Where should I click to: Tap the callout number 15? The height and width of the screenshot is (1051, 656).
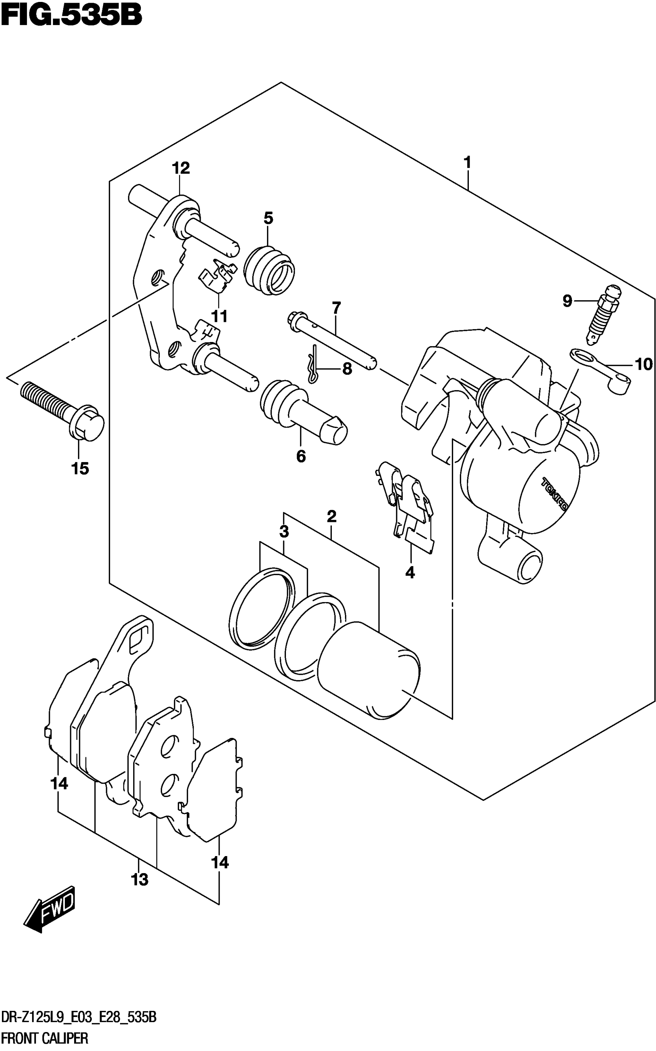80,468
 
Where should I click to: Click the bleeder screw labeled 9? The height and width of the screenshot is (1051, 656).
603,315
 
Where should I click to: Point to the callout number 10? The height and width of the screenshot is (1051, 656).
643,364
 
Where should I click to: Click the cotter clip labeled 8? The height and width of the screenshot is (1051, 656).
314,364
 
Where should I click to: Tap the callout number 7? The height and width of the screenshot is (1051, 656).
336,308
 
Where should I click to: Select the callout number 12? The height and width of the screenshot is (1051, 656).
181,168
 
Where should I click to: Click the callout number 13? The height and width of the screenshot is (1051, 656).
140,880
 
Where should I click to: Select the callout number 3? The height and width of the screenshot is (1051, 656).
284,531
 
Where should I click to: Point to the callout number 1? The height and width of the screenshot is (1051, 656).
467,163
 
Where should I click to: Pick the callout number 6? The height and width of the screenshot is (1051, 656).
301,456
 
